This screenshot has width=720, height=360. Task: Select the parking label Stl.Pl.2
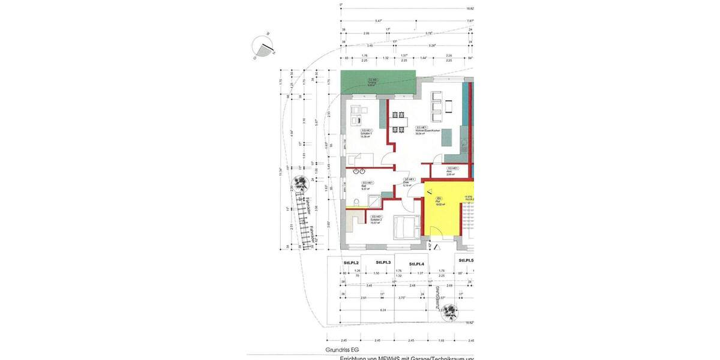point(351,263)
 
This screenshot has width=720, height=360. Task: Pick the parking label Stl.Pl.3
point(383,263)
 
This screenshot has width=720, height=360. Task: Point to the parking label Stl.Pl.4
point(416,264)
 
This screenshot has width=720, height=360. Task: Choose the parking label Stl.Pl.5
point(466,261)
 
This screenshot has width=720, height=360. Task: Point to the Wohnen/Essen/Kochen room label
point(428,130)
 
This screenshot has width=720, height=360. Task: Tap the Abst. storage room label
point(452,171)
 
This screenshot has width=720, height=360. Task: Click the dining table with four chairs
point(399,121)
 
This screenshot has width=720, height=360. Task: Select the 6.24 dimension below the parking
point(383,310)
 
